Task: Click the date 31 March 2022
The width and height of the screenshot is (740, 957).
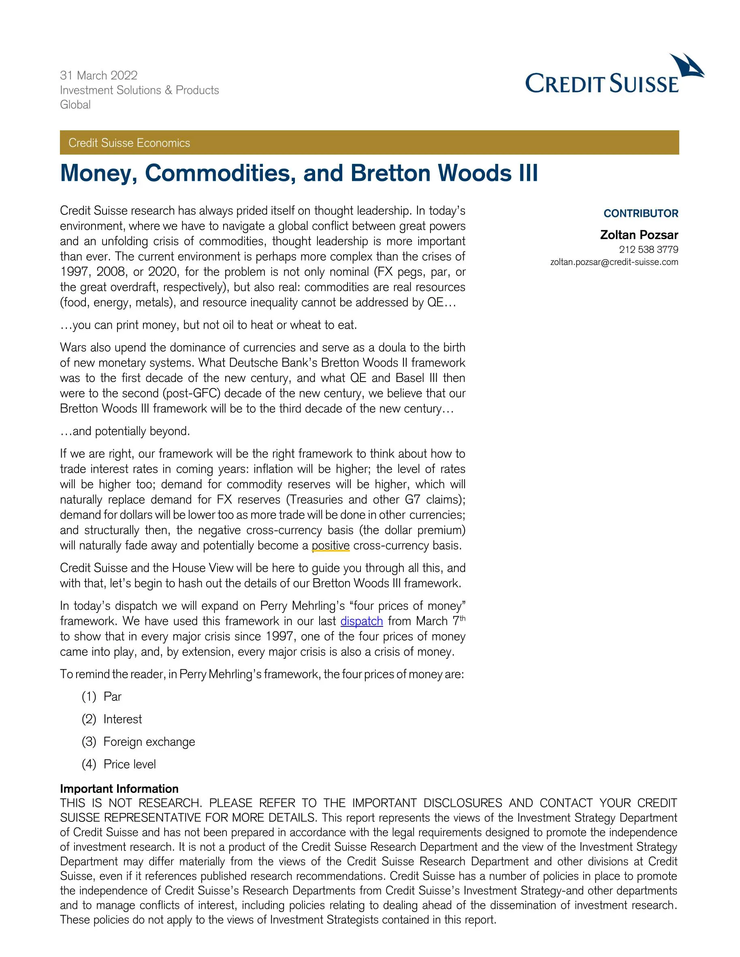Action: pos(99,75)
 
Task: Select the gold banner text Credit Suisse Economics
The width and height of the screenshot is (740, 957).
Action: pos(129,143)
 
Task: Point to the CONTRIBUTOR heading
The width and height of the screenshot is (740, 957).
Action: pos(640,213)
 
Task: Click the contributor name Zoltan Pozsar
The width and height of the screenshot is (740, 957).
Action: pos(639,235)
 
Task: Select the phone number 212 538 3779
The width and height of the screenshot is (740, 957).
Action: pos(648,249)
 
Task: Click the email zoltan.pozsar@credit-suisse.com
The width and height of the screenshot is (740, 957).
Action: pos(614,262)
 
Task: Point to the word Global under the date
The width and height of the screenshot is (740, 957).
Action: pos(75,105)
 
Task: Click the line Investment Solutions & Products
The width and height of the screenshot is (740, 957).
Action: pos(139,90)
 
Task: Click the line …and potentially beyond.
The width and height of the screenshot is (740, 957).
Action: pos(125,431)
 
